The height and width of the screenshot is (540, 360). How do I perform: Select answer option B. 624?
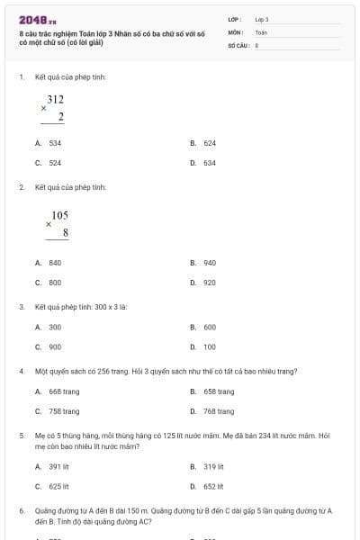(x=203, y=143)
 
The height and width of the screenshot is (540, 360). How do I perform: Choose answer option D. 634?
(x=203, y=163)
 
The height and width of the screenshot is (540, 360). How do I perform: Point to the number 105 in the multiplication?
(x=60, y=216)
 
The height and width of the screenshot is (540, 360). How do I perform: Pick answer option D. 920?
(x=203, y=283)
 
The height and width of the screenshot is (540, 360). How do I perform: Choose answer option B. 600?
(x=203, y=328)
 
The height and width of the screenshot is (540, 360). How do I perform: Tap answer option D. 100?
(x=203, y=346)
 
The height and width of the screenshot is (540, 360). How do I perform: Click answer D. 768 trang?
(x=212, y=411)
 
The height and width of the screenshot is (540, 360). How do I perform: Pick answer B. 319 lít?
(x=206, y=466)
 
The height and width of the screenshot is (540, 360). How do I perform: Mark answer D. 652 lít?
(x=206, y=486)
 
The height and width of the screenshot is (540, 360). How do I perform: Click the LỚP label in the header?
(x=235, y=19)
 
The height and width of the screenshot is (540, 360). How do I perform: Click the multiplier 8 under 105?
(x=66, y=233)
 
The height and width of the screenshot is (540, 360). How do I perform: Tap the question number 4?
(x=21, y=372)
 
